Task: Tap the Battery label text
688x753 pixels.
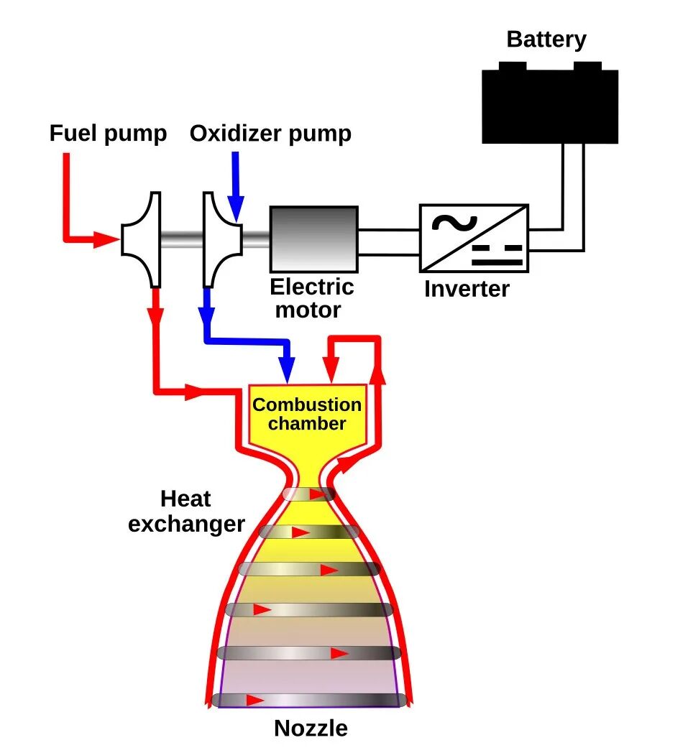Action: coord(546,40)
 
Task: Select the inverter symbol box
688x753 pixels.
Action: coord(474,238)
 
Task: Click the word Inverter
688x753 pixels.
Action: coord(467,289)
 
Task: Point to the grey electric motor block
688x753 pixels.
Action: coord(313,238)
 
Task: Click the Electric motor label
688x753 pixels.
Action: coord(311,299)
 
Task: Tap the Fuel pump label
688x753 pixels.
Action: coord(108,134)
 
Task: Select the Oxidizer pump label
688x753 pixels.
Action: coord(270,134)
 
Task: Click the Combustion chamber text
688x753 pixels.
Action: coord(307,414)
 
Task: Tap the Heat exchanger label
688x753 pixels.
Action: coord(186,512)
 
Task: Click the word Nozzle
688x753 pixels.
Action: coord(311,729)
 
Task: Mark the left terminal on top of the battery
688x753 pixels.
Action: coord(512,66)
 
